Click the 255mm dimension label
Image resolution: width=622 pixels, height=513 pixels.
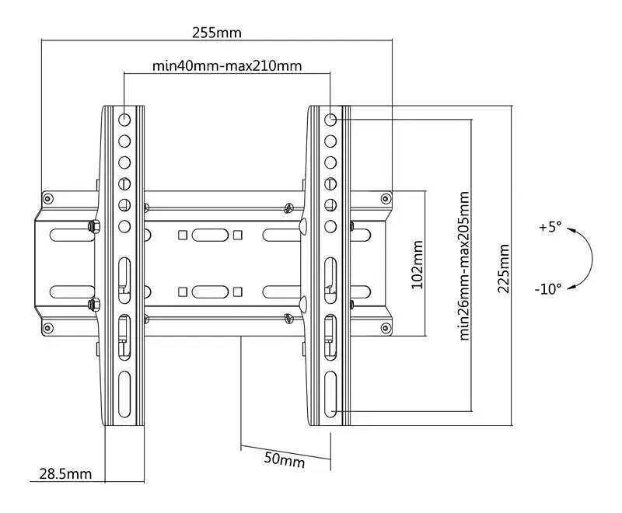[217, 33]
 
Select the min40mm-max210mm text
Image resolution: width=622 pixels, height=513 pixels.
[227, 65]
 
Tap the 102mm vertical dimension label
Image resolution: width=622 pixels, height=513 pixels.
[417, 265]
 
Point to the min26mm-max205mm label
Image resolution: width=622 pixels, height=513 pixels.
[464, 266]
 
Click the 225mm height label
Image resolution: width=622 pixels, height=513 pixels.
[503, 269]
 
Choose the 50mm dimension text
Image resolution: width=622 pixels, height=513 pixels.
[285, 459]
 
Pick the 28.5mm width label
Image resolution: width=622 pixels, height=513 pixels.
[65, 473]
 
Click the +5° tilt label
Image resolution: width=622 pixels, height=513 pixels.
[550, 227]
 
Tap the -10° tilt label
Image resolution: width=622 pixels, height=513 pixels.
[548, 288]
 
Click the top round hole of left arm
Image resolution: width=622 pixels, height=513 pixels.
[124, 120]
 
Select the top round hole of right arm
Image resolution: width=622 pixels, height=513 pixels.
[330, 120]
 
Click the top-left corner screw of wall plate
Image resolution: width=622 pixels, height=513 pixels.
[48, 198]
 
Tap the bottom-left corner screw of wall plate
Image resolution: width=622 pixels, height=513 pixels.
[48, 327]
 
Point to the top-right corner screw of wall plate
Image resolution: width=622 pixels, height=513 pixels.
[385, 198]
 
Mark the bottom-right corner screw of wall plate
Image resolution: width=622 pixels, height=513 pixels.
[385, 327]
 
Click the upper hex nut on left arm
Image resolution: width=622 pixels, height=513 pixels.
[93, 226]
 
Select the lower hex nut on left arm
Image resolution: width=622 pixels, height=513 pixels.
[93, 305]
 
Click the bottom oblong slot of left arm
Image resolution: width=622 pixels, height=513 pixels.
[124, 394]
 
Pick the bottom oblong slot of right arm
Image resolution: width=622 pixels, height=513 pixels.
[330, 394]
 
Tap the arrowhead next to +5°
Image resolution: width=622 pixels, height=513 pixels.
[571, 229]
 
